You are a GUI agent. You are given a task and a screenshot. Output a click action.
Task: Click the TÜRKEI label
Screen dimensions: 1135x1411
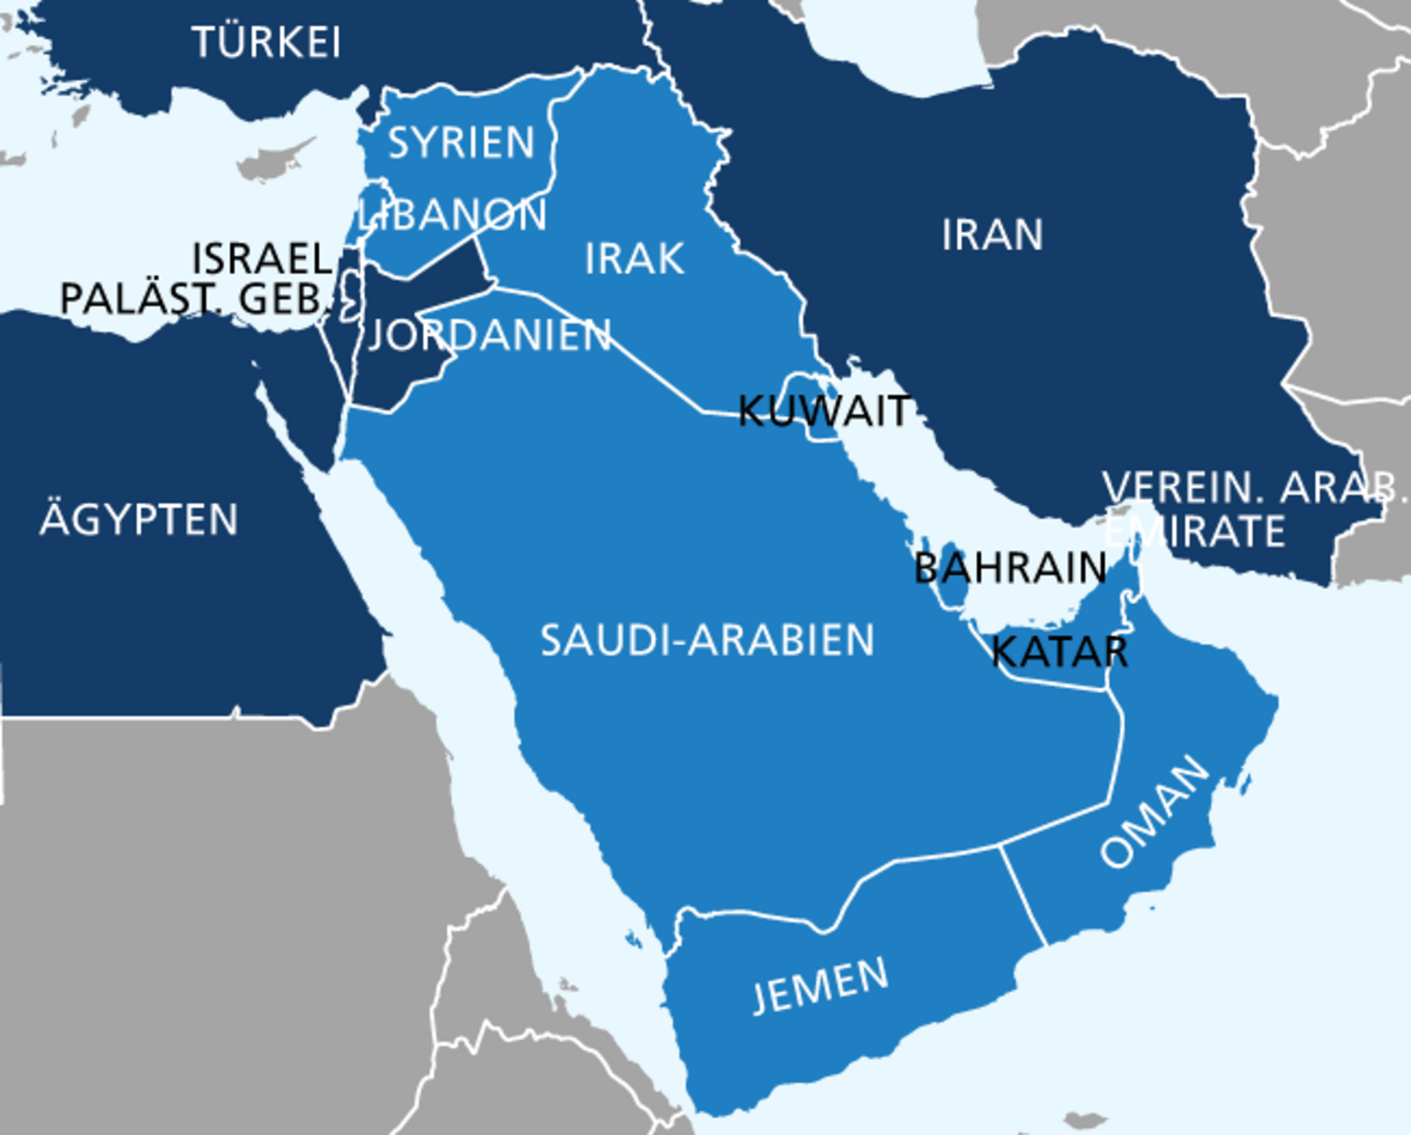pos(266,41)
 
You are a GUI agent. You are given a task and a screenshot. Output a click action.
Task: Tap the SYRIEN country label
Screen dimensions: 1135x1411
pos(461,143)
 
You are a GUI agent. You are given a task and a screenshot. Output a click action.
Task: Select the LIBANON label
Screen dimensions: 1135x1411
pos(453,215)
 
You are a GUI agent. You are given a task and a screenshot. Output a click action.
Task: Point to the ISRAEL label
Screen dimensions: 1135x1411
pos(262,258)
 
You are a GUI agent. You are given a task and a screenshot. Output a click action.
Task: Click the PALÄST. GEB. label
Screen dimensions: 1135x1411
pos(194,299)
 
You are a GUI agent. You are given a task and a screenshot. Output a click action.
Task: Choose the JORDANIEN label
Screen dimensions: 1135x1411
pos(489,335)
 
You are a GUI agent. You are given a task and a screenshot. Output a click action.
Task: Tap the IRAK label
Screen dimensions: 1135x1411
pos(634,258)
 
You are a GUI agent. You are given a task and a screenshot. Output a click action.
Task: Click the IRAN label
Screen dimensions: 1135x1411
pos(992,234)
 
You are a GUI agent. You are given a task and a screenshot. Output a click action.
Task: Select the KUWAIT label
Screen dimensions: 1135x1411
pos(824,411)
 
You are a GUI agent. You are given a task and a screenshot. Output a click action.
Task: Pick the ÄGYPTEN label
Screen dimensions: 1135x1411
pos(139,519)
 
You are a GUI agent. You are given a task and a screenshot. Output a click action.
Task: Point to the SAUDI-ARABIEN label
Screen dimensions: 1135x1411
pos(707,640)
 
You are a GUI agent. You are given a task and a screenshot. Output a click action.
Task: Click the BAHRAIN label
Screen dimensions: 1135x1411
pos(1010,567)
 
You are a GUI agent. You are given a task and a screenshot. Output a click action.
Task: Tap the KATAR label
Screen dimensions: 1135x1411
pos(1059,652)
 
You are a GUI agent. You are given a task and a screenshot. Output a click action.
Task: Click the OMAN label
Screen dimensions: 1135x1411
pos(1155,811)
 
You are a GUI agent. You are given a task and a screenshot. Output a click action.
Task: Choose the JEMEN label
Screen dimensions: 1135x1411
pos(820,985)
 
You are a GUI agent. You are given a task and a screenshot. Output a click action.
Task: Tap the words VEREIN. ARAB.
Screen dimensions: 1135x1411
pos(1252,486)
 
